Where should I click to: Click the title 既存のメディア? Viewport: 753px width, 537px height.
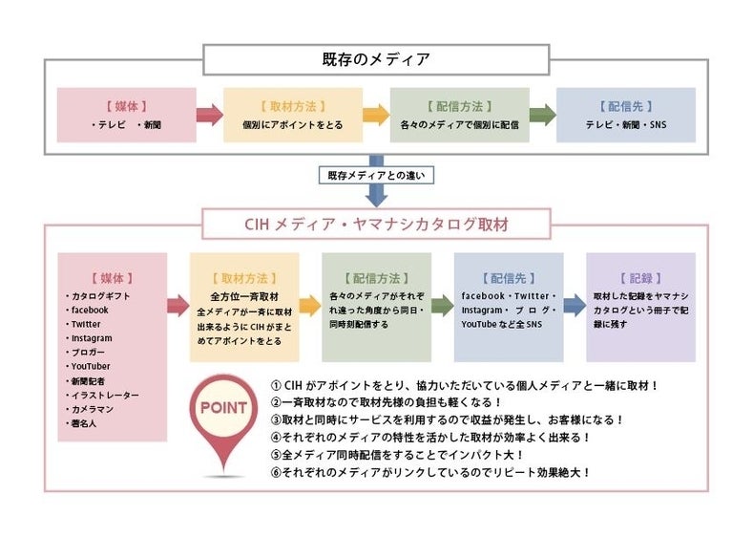pyautogui.click(x=376, y=59)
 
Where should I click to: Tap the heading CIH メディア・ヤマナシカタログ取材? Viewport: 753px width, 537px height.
pyautogui.click(x=376, y=225)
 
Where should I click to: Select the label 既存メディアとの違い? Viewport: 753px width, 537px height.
pyautogui.click(x=376, y=176)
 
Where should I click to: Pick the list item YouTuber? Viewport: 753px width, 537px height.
pyautogui.click(x=91, y=366)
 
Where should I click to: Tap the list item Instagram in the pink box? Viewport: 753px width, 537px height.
pyautogui.click(x=92, y=338)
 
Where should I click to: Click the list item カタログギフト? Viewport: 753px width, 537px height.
pyautogui.click(x=100, y=296)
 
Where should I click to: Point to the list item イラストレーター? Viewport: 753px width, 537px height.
pyautogui.click(x=105, y=395)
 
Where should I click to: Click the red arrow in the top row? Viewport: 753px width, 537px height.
pyautogui.click(x=209, y=116)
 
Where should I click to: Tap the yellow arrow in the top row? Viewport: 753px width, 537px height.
pyautogui.click(x=376, y=116)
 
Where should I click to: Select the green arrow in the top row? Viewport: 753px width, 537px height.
pyautogui.click(x=542, y=116)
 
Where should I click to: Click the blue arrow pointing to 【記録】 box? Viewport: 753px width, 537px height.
pyautogui.click(x=575, y=306)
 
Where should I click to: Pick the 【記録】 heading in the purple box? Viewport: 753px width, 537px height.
pyautogui.click(x=639, y=278)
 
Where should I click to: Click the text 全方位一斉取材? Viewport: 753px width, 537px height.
pyautogui.click(x=243, y=297)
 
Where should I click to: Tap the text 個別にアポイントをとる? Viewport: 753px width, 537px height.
pyautogui.click(x=292, y=125)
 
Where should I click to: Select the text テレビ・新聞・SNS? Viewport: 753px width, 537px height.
pyautogui.click(x=625, y=125)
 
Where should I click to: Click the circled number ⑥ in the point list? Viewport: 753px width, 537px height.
pyautogui.click(x=276, y=471)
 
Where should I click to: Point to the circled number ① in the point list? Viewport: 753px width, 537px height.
pyautogui.click(x=276, y=385)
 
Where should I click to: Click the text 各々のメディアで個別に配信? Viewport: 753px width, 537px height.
pyautogui.click(x=459, y=125)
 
